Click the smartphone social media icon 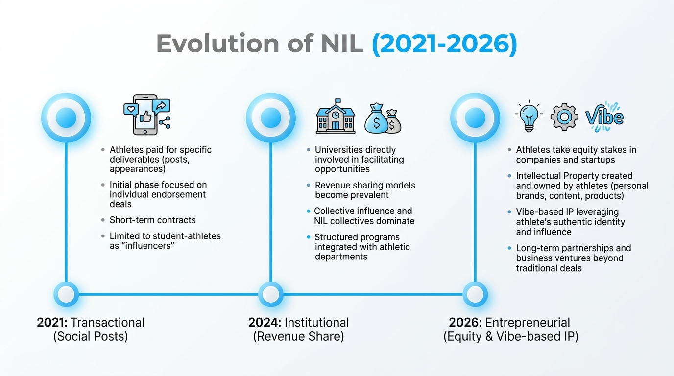point(146,115)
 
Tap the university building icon point(336,117)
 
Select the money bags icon point(383,118)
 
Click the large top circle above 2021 point(66,117)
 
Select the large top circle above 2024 point(271,117)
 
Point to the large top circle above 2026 point(475,117)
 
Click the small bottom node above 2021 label point(66,294)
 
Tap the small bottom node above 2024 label point(271,294)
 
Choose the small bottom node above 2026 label point(475,294)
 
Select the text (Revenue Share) point(298,337)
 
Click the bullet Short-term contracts point(152,220)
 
